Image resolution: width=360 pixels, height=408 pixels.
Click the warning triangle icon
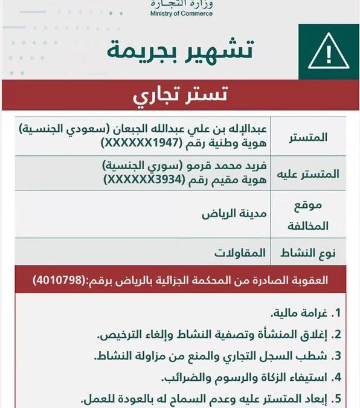click(329, 53)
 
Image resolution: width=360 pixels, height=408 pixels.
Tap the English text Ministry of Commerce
click(181, 13)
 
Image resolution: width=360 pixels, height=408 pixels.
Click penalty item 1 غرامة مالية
click(301, 313)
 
